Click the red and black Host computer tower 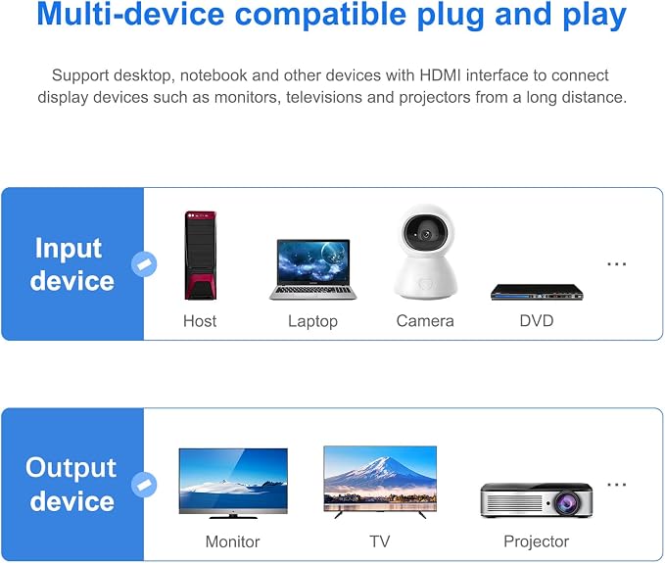click(x=200, y=256)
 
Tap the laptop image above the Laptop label click(x=313, y=269)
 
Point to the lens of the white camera click(x=426, y=234)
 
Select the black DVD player click(x=537, y=292)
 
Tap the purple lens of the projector click(x=567, y=503)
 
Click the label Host click(x=200, y=321)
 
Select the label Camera click(x=425, y=321)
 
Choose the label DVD click(x=537, y=321)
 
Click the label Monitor click(x=232, y=541)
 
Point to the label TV click(x=380, y=541)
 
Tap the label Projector click(x=537, y=541)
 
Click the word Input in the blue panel click(x=69, y=249)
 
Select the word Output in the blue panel click(x=71, y=468)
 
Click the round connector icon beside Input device click(x=144, y=264)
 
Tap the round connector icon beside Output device click(x=144, y=485)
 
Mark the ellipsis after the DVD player click(x=617, y=264)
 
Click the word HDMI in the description click(x=440, y=75)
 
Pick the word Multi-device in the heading click(x=130, y=15)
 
